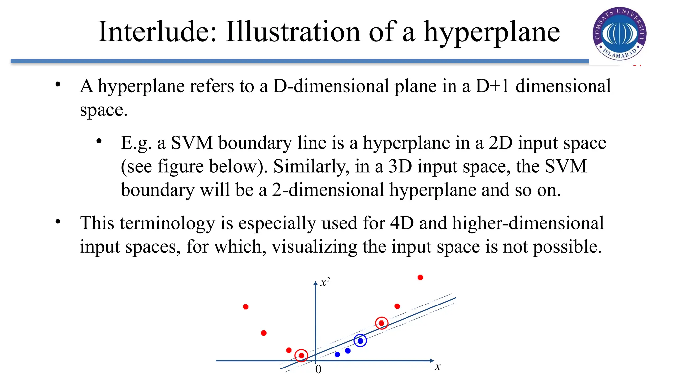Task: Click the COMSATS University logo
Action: pyautogui.click(x=620, y=33)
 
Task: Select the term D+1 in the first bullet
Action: pyautogui.click(x=492, y=86)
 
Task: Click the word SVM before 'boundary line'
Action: pyautogui.click(x=192, y=143)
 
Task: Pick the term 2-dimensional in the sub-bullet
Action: pyautogui.click(x=328, y=190)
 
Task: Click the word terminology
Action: pyautogui.click(x=167, y=223)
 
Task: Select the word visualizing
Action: pyautogui.click(x=314, y=247)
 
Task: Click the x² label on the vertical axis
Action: pyautogui.click(x=325, y=282)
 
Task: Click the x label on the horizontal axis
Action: pyautogui.click(x=437, y=367)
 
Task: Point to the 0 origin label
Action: pyautogui.click(x=318, y=369)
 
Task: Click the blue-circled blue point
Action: pyautogui.click(x=360, y=341)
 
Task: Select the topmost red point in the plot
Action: pyautogui.click(x=420, y=278)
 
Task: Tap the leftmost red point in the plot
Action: pyautogui.click(x=246, y=307)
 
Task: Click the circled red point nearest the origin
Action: pyautogui.click(x=301, y=355)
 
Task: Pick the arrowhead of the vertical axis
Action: pyautogui.click(x=316, y=283)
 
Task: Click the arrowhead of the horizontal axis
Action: pyautogui.click(x=432, y=361)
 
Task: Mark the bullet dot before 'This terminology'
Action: pyautogui.click(x=58, y=221)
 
